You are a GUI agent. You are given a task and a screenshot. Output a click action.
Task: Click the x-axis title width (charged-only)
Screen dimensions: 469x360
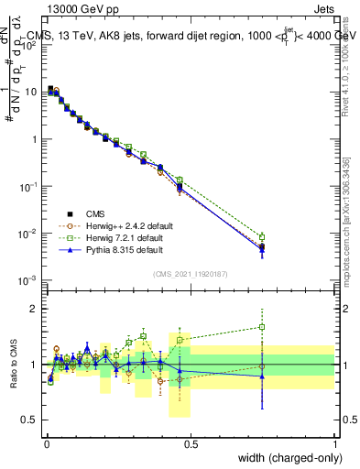tap(284, 458)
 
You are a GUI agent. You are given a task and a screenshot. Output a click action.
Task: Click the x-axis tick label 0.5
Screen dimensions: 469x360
tap(191, 443)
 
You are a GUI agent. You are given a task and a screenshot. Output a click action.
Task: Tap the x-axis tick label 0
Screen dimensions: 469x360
tap(46, 443)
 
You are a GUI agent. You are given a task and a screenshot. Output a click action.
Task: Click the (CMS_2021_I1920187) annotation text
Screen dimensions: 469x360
tap(190, 274)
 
